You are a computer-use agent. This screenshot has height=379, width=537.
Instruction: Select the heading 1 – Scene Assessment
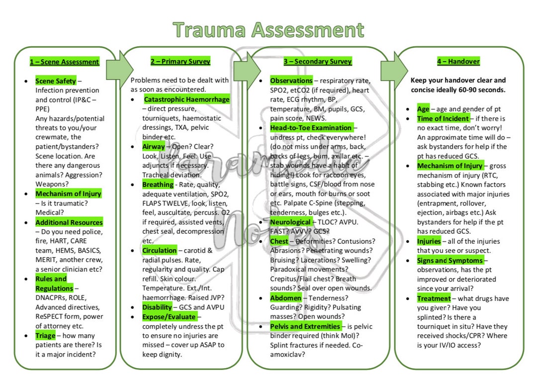pos(65,62)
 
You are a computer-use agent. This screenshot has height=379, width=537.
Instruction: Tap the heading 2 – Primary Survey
pos(180,61)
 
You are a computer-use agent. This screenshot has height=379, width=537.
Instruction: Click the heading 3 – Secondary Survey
pos(318,61)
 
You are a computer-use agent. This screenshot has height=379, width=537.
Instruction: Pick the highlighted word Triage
pos(45,336)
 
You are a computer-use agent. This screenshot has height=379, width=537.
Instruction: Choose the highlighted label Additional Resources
pos(69,222)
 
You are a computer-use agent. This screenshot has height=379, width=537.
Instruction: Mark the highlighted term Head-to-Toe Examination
pos(311,128)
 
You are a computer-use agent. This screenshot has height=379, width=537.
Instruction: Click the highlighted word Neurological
pos(290,222)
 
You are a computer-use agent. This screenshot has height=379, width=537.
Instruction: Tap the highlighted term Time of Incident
pos(443,118)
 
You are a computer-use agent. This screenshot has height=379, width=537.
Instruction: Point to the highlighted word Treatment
pos(434,298)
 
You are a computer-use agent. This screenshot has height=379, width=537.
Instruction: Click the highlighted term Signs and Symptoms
pos(450,260)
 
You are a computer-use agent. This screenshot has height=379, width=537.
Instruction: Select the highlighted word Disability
pos(157,307)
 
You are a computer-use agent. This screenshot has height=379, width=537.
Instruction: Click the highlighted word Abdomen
pos(285,298)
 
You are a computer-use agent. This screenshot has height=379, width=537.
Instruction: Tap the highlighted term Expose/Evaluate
pos(169,316)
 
